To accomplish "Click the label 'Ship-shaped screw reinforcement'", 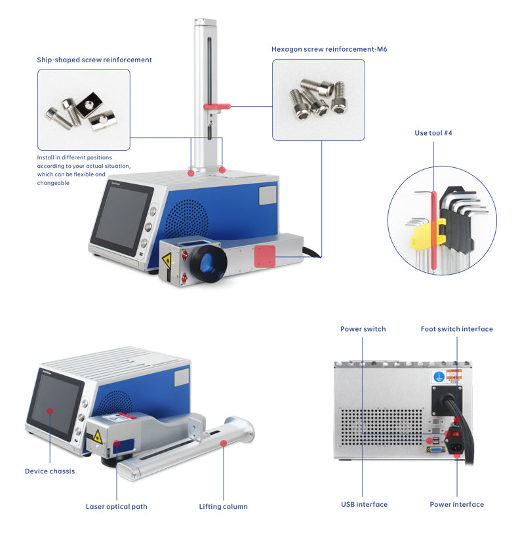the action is (x=94, y=60).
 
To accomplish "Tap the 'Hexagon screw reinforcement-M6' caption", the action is (x=329, y=49).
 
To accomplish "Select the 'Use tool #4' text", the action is (x=433, y=133).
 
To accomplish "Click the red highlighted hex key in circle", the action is (x=433, y=231).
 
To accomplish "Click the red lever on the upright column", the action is (x=217, y=106).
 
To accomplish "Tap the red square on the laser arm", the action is (x=265, y=256).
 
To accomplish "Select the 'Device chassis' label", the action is (x=50, y=471).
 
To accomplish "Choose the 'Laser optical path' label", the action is (x=116, y=507).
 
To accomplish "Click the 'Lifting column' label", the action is (x=223, y=507).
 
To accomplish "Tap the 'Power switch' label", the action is (x=363, y=329).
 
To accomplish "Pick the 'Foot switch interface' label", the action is (x=456, y=329).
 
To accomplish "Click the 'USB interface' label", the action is (x=364, y=505).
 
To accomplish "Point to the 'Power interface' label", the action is (x=456, y=505).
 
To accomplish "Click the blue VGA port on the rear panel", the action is (x=436, y=450).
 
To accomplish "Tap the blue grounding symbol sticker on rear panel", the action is (x=439, y=377).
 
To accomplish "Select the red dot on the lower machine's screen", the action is (x=50, y=411).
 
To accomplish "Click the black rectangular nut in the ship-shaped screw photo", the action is (x=90, y=105).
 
